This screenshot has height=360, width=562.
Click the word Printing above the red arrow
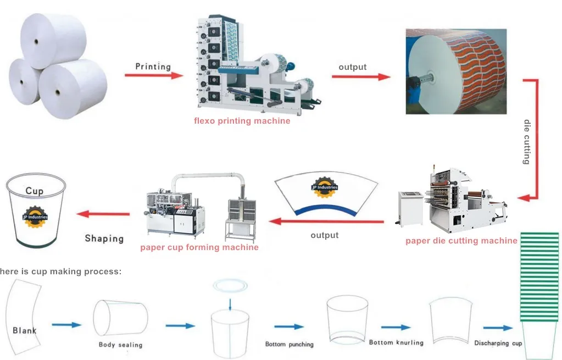pyautogui.click(x=153, y=67)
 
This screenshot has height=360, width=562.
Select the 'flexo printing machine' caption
pyautogui.click(x=242, y=120)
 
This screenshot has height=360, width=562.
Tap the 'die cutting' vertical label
pyautogui.click(x=526, y=142)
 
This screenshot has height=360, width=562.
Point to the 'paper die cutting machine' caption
pyautogui.click(x=461, y=240)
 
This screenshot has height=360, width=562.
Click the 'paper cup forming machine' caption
pyautogui.click(x=199, y=247)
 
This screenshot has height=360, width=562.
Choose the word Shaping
pyautogui.click(x=104, y=238)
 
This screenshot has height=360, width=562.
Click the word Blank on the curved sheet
pyautogui.click(x=25, y=330)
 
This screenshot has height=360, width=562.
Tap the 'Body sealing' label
pyautogui.click(x=120, y=345)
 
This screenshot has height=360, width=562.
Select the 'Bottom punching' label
pyautogui.click(x=289, y=345)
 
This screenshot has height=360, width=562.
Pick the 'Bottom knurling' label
pyautogui.click(x=396, y=342)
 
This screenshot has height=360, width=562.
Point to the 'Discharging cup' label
pyautogui.click(x=498, y=343)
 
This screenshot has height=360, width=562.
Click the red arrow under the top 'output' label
pyautogui.click(x=360, y=77)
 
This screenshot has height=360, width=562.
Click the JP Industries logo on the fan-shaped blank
pyautogui.click(x=324, y=187)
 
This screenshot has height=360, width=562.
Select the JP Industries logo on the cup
pyautogui.click(x=35, y=214)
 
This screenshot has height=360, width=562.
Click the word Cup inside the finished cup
pyautogui.click(x=34, y=191)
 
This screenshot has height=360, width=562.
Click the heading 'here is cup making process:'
pyautogui.click(x=60, y=271)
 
